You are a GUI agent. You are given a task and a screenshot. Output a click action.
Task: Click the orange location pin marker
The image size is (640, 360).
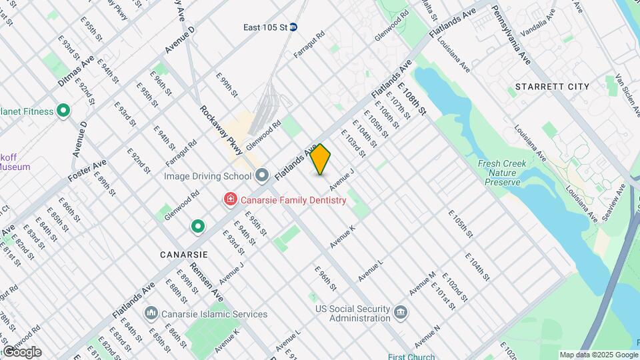point(321,159)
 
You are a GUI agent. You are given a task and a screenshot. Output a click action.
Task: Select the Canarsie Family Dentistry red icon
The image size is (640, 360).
point(230,199)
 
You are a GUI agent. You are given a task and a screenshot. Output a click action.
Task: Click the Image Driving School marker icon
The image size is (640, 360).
point(262,176)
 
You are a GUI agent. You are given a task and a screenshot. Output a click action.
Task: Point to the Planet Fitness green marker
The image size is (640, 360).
point(64,111)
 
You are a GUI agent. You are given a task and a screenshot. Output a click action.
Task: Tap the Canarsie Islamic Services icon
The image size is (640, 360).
point(151,313)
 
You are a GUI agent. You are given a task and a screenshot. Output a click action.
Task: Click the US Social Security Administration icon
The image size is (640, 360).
point(400,313)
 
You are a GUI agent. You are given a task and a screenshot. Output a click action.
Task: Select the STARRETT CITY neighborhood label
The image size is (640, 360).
point(552,87)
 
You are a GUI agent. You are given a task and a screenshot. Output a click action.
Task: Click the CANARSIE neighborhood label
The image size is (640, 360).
point(184,255)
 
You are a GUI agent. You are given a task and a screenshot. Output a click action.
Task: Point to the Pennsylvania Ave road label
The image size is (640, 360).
point(511,35)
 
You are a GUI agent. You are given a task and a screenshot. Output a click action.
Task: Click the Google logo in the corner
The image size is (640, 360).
point(21,351)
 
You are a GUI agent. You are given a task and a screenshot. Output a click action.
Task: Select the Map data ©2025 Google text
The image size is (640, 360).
point(598,355)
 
